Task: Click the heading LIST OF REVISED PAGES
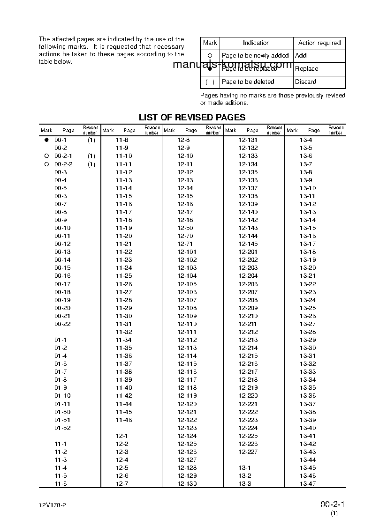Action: point(192,117)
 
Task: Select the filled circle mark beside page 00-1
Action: point(46,140)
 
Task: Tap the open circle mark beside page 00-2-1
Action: point(46,156)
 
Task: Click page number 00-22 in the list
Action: point(62,324)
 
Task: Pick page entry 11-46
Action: point(124,420)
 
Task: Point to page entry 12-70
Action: point(185,236)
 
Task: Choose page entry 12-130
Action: point(187,484)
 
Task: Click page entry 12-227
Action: point(248,452)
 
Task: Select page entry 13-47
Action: point(308,484)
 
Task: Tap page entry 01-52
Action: point(62,428)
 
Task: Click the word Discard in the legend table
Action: point(306,82)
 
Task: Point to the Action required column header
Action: point(319,43)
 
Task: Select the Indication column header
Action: point(256,43)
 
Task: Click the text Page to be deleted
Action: point(248,82)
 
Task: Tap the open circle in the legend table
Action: point(210,56)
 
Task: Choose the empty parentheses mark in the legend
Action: point(210,82)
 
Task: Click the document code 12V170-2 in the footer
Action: point(53,506)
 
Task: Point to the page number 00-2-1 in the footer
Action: point(333,504)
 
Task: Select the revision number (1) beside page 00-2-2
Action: point(91,164)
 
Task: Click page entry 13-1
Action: point(245,468)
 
